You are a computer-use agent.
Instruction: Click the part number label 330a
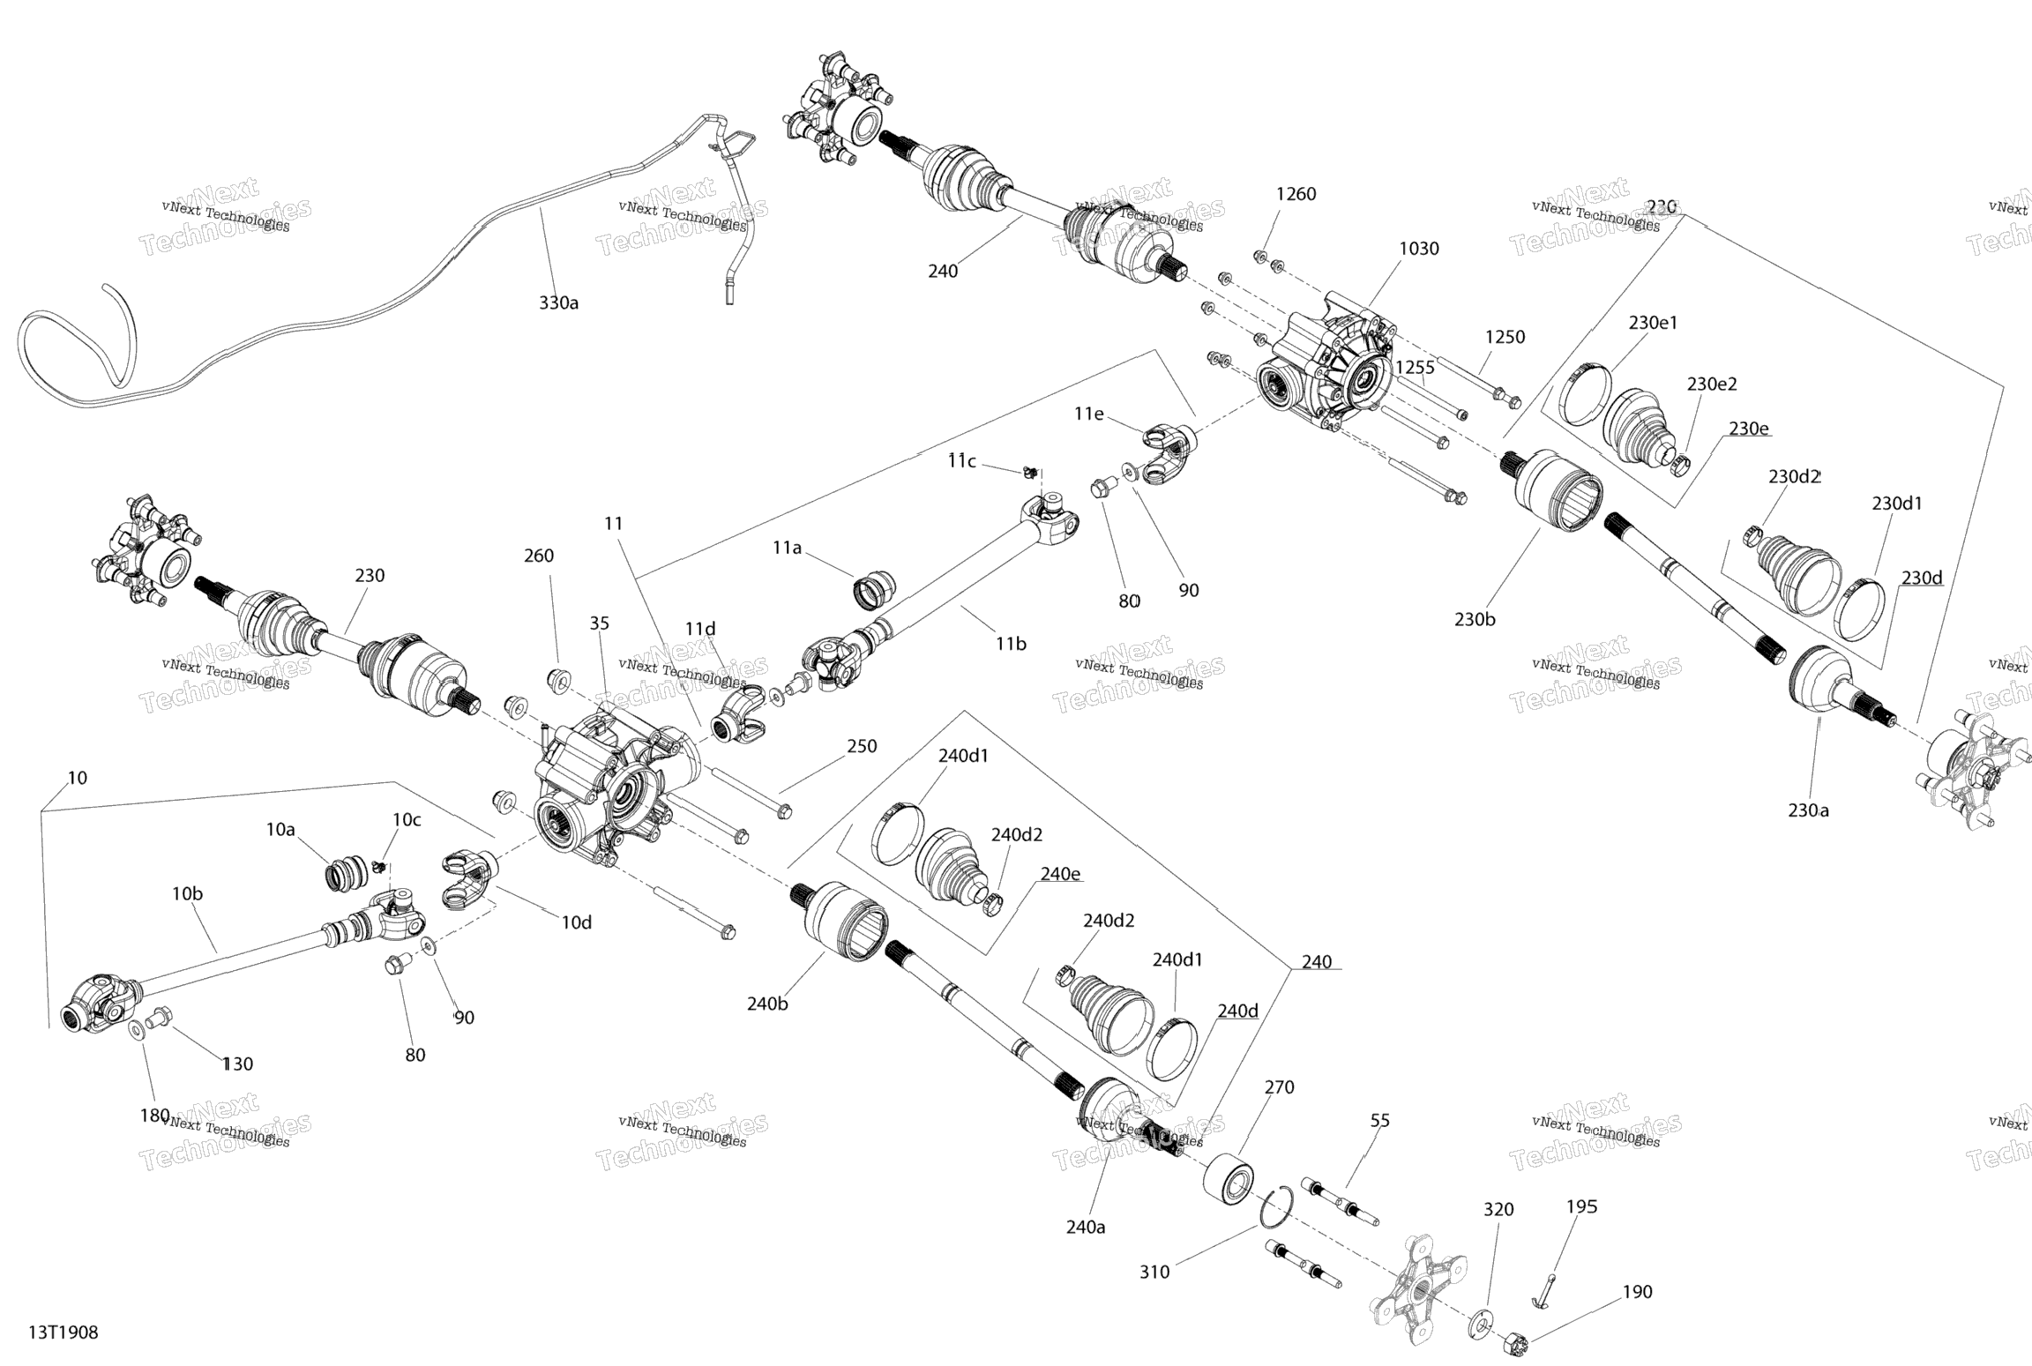pos(558,302)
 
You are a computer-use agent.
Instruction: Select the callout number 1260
pos(1296,194)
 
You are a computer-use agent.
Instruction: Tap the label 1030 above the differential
pos(1418,249)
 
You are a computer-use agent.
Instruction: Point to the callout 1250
pos(1505,337)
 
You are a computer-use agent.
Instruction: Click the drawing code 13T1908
pos(63,1332)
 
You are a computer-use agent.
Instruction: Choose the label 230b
pos(1475,619)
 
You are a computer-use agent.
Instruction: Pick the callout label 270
pos(1279,1087)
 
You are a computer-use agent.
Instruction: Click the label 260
pos(539,556)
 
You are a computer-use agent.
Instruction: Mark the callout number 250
pos(862,746)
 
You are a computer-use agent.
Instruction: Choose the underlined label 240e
pos(1060,873)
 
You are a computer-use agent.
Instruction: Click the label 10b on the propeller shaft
pos(187,893)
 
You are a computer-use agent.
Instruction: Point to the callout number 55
pos(1379,1120)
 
